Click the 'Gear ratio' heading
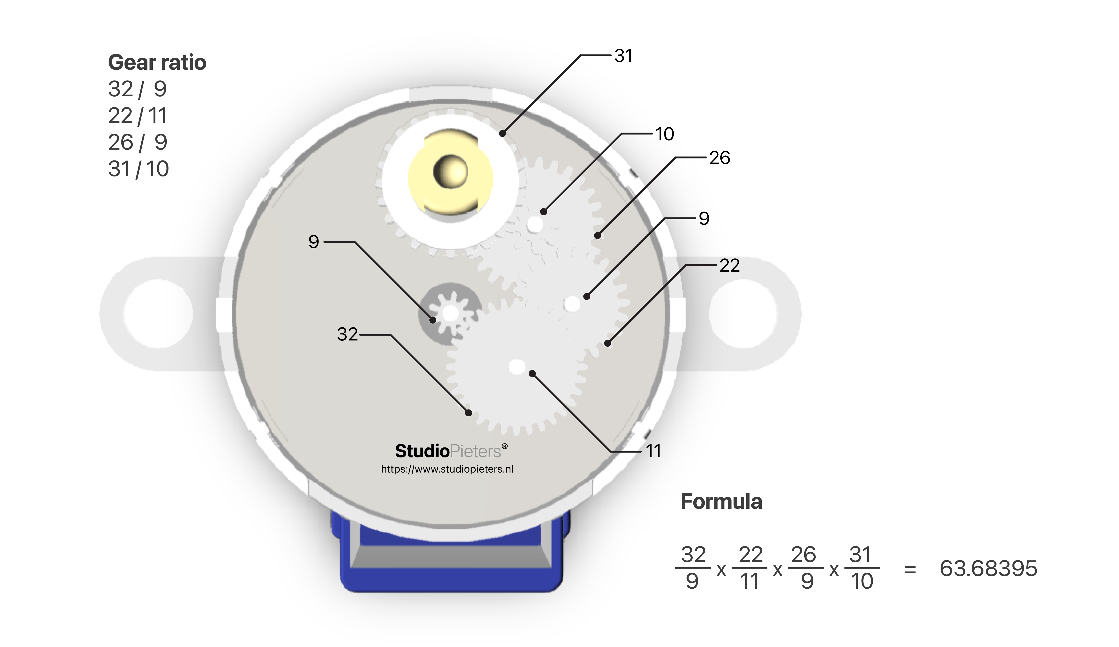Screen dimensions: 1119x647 [157, 62]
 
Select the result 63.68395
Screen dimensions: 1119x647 [988, 568]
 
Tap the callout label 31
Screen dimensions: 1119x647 [623, 56]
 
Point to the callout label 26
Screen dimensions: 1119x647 [719, 158]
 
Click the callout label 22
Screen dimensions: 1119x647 [729, 265]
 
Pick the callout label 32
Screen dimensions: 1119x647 [347, 334]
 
